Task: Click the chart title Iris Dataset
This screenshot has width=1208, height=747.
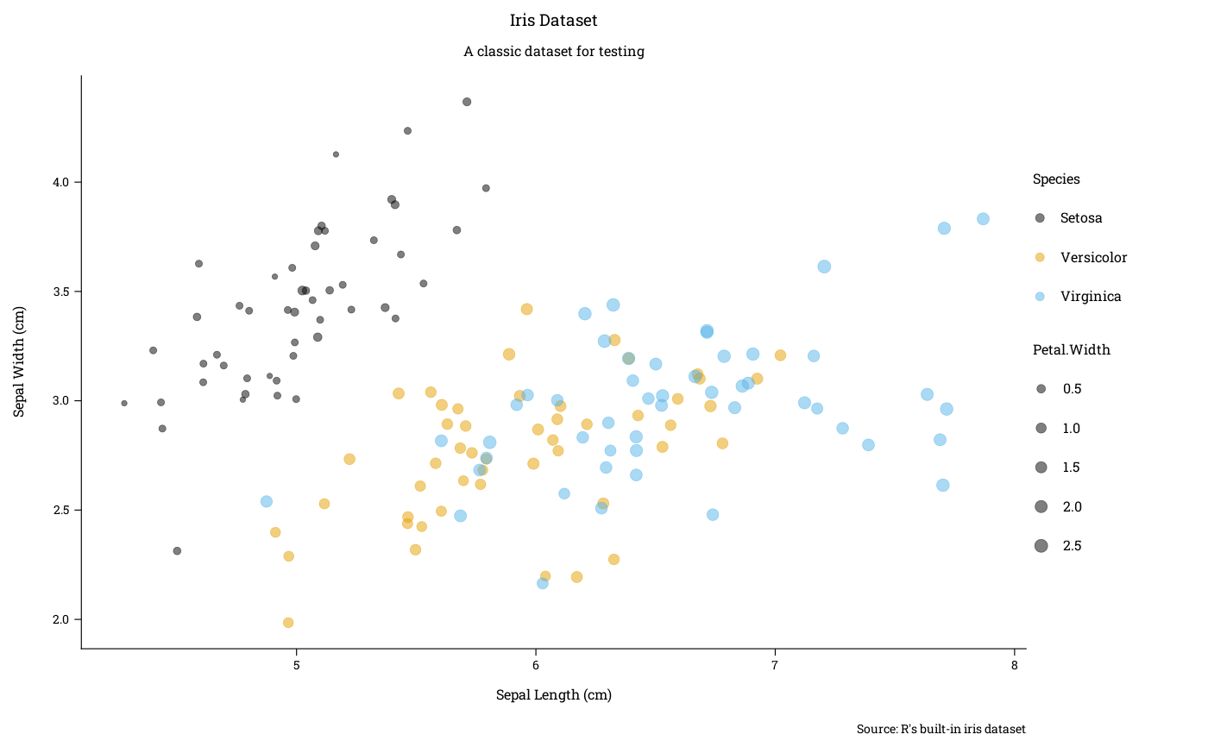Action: pyautogui.click(x=553, y=21)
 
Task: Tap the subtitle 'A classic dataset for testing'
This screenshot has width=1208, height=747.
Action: pyautogui.click(x=553, y=52)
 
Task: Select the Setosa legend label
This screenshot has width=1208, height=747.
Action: pyautogui.click(x=1081, y=218)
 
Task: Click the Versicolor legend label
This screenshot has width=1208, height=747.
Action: pyautogui.click(x=1093, y=258)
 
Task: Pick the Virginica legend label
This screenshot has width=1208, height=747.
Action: pyautogui.click(x=1091, y=297)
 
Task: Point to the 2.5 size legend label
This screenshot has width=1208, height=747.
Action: pyautogui.click(x=1072, y=546)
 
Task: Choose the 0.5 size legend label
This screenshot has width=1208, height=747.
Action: pyautogui.click(x=1072, y=389)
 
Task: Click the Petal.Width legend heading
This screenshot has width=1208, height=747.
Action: pyautogui.click(x=1071, y=350)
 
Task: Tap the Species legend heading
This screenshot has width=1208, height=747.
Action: pyautogui.click(x=1056, y=179)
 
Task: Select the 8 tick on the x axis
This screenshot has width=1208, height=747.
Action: pyautogui.click(x=1014, y=666)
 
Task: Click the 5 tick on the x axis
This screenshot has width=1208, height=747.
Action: pyautogui.click(x=297, y=666)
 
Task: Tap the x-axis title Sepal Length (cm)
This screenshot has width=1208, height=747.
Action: pyautogui.click(x=553, y=695)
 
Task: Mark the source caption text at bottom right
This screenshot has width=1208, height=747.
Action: pyautogui.click(x=941, y=730)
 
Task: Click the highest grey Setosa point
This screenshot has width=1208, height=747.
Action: pyautogui.click(x=467, y=102)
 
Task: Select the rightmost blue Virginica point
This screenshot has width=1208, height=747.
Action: pyautogui.click(x=983, y=219)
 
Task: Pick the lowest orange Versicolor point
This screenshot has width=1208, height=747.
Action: pyautogui.click(x=288, y=623)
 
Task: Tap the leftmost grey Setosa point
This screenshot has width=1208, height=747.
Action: pyautogui.click(x=124, y=404)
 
